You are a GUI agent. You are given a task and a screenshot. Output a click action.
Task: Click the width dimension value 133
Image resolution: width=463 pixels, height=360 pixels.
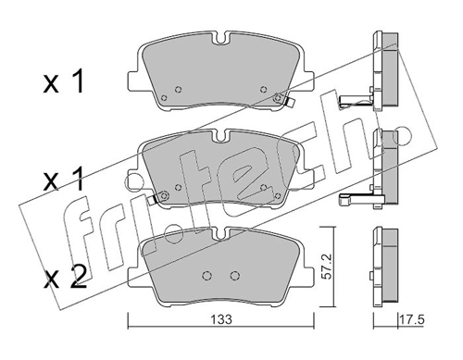click(221, 319)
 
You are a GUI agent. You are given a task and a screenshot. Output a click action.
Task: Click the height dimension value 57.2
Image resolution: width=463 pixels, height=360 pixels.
click(328, 267)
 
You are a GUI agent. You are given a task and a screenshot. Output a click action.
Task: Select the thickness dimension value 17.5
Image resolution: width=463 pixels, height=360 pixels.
click(412, 319)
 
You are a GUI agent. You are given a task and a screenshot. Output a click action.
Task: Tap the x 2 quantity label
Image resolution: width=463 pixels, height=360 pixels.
click(65, 277)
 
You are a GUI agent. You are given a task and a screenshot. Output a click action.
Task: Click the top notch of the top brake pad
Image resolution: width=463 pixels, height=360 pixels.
click(221, 39)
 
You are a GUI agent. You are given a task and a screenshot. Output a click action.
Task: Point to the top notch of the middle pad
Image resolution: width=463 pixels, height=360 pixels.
click(220, 136)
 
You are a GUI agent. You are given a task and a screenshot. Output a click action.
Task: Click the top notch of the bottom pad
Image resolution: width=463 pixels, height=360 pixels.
click(221, 233)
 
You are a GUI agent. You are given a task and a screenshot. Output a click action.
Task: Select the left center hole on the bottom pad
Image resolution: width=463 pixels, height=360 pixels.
click(206, 276)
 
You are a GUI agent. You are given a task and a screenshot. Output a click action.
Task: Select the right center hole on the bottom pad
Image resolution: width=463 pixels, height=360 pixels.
click(235, 276)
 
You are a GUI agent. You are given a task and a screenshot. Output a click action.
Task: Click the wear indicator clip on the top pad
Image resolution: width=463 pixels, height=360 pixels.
click(289, 102)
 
